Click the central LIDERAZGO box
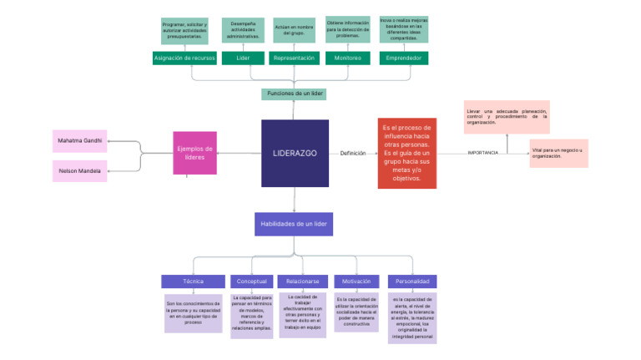point(295,153)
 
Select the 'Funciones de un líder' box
point(294,94)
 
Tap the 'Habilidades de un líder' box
point(294,224)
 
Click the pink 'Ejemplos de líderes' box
point(194,153)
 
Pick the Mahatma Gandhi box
point(80,140)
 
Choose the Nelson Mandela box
point(80,170)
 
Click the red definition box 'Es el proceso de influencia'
point(406,153)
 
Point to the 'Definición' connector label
point(352,153)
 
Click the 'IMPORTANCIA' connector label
point(482,153)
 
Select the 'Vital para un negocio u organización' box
point(558,153)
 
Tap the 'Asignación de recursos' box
point(184,58)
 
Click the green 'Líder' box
point(243,58)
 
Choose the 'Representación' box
point(293,58)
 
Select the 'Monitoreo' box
point(347,58)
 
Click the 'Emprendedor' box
point(404,58)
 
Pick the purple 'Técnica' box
point(193,281)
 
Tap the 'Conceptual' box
point(251,281)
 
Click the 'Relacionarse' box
point(301,281)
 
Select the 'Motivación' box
point(356,281)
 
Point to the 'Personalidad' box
point(412,281)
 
